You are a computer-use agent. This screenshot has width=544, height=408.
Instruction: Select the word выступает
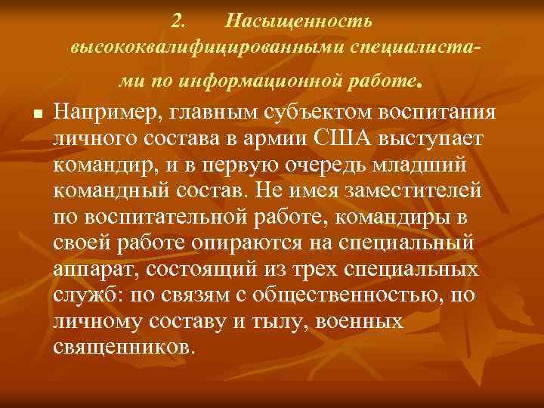click(433, 141)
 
